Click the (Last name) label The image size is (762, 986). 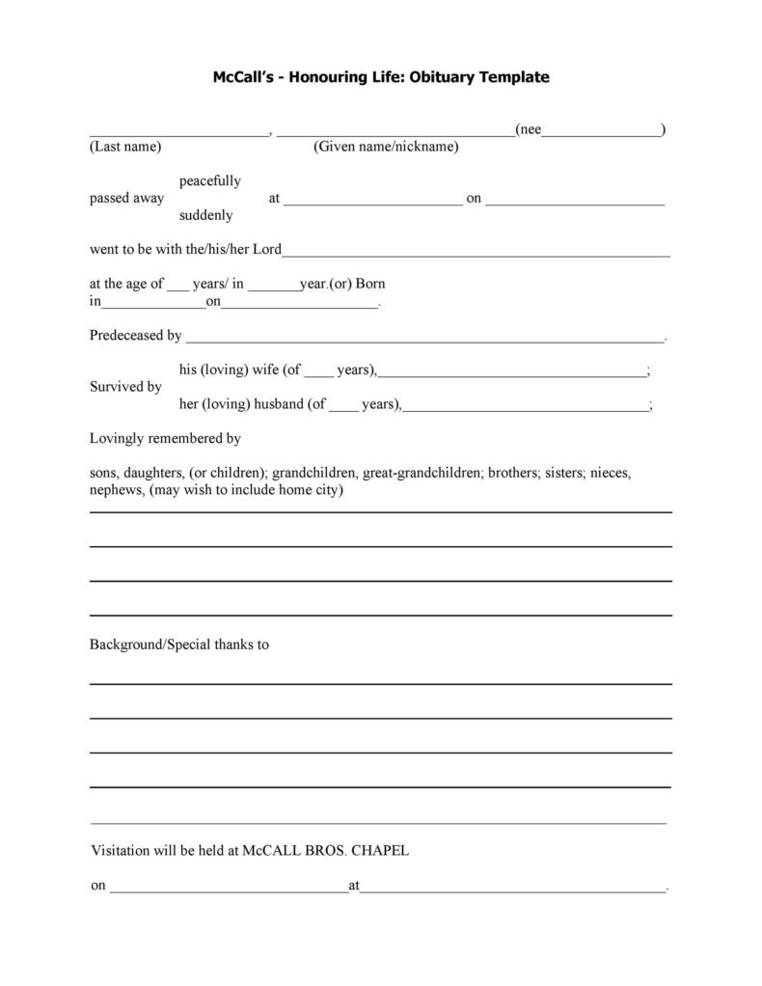tap(125, 147)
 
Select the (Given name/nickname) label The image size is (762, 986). tap(386, 147)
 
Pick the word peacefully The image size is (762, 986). tap(210, 180)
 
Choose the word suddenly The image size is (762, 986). tap(205, 215)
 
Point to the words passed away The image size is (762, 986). tap(126, 198)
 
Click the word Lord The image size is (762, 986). tap(267, 250)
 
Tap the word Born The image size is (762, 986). tap(370, 285)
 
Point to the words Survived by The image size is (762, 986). tap(125, 387)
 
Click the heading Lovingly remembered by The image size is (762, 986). tap(165, 438)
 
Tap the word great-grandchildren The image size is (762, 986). tap(422, 473)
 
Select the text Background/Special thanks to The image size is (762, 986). tap(178, 644)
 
